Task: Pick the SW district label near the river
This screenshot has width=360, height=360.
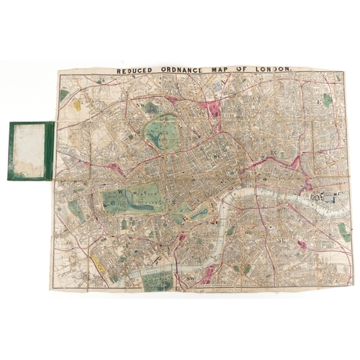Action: pos(189,277)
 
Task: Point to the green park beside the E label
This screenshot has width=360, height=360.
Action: pos(327,100)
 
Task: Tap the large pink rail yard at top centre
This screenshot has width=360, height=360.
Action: pos(212,107)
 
